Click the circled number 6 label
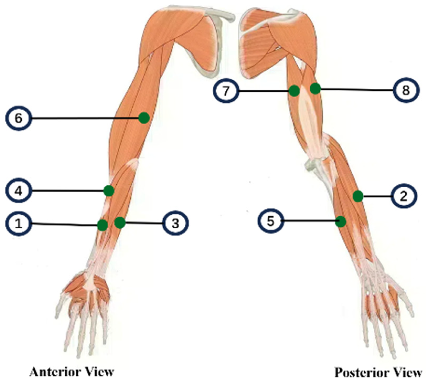18,118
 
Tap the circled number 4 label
18,191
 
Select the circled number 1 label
18,223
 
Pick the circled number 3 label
175,223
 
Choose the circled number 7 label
226,91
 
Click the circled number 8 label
406,90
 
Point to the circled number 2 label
404,196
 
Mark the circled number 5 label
271,221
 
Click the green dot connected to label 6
144,118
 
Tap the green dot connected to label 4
109,191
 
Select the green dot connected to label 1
103,225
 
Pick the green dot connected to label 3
120,223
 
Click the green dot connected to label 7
294,91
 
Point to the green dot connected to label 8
315,89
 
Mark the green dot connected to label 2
358,196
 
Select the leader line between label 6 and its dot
84,119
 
